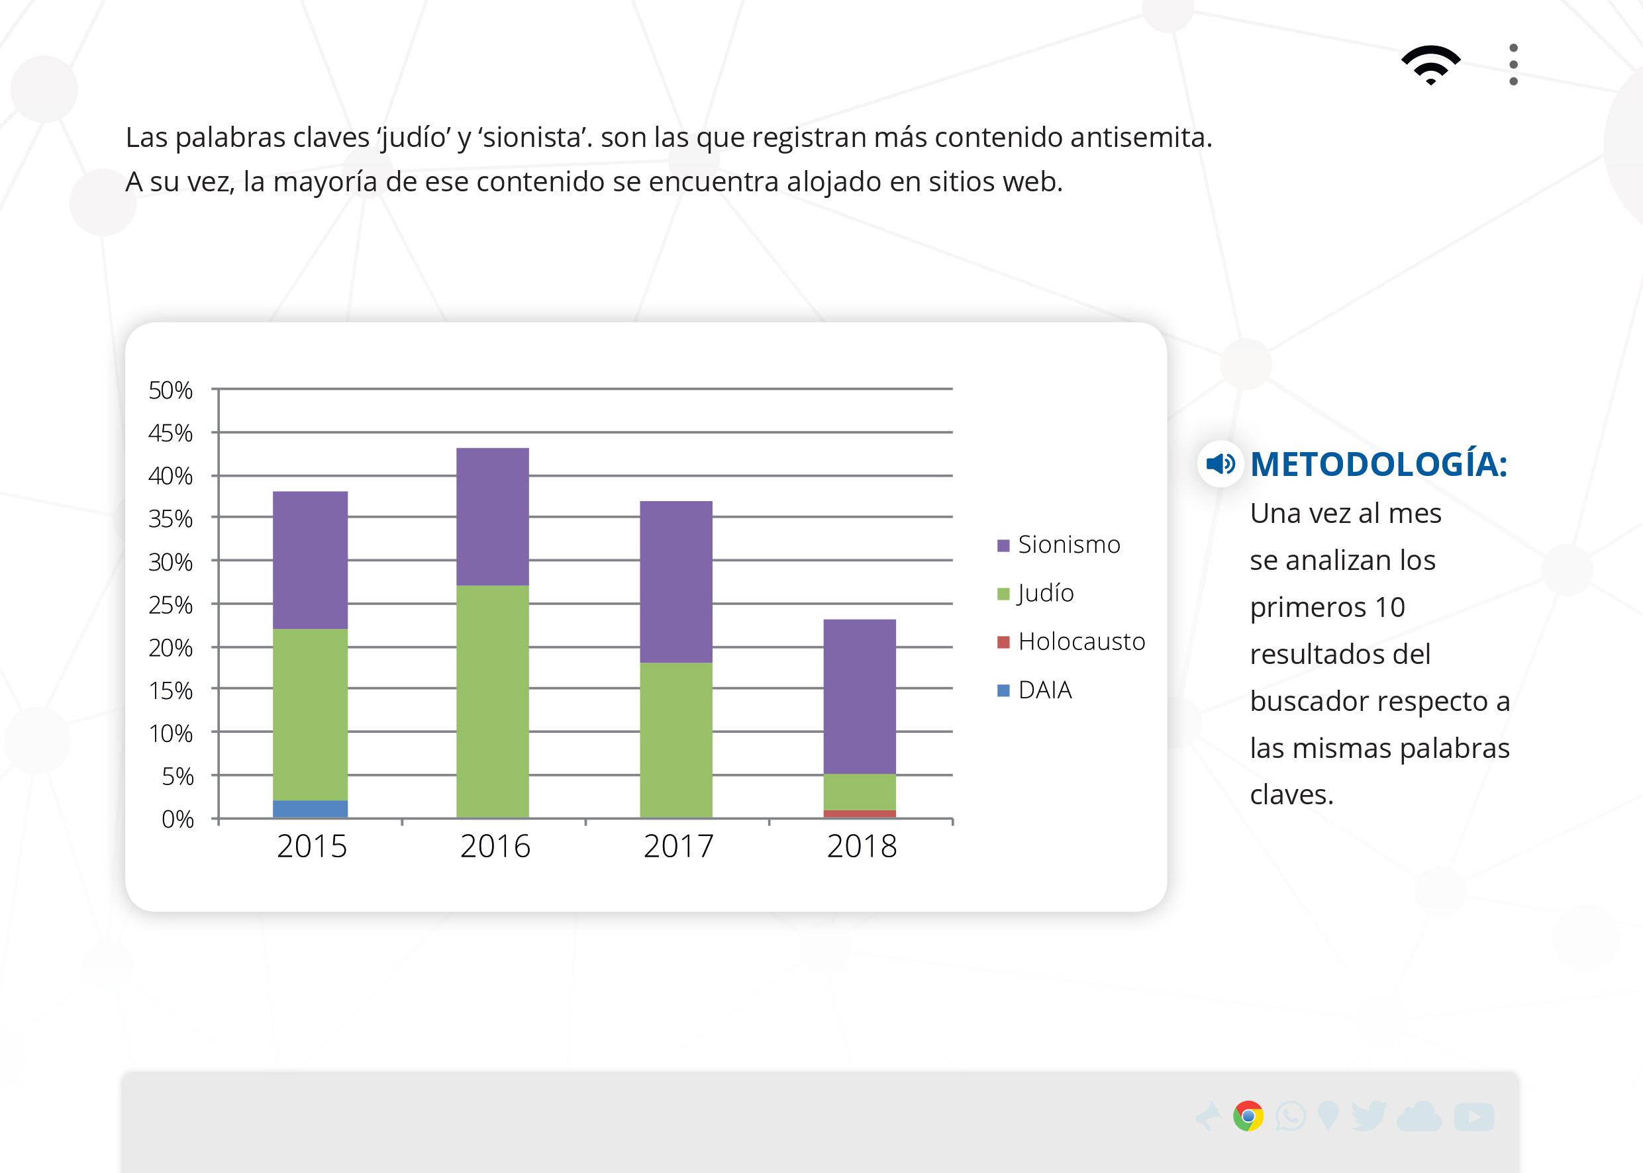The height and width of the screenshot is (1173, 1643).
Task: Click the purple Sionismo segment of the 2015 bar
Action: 310,560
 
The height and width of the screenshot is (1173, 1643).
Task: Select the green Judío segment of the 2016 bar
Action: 493,700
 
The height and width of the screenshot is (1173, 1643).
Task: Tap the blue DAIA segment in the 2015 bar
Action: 310,809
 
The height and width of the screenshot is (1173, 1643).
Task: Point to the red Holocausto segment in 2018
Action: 860,814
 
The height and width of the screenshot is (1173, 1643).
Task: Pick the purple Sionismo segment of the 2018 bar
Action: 860,696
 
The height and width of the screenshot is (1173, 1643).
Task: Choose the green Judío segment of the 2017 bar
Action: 676,739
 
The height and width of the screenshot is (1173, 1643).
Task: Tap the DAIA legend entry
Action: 1044,690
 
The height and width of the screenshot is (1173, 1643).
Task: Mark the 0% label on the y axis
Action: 177,819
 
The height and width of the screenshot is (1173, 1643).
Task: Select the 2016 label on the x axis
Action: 495,847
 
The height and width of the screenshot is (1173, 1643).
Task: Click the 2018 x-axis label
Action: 862,847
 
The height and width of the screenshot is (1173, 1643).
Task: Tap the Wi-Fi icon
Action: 1430,65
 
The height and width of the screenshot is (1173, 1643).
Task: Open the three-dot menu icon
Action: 1514,65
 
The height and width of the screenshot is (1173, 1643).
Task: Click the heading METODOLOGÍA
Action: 1379,464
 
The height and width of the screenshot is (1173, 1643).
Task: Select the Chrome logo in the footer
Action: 1248,1116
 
